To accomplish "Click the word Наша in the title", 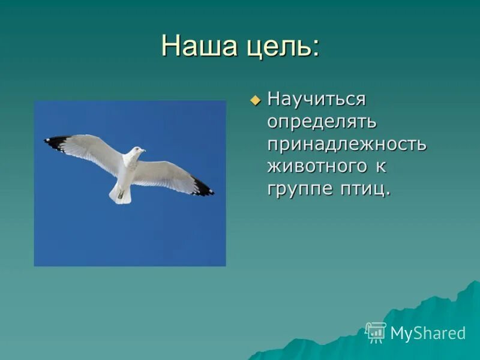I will point(196,46).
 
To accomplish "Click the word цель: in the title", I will point(279,47).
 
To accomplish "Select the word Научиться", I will point(316,99).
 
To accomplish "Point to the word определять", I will point(322,122).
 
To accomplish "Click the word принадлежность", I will point(347,144).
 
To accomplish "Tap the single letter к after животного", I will point(382,167).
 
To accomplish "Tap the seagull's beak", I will point(144,149).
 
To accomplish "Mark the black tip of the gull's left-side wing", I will point(56,142).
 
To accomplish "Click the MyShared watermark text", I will point(427,334).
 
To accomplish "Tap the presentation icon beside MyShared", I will point(376,332).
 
